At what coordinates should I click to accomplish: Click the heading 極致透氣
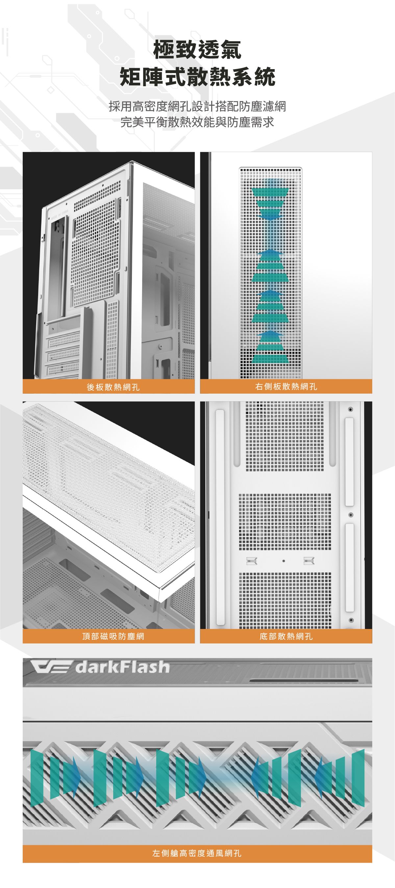click(197, 50)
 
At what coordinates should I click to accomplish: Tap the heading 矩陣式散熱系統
click(197, 77)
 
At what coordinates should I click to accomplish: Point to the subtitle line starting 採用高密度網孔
click(197, 107)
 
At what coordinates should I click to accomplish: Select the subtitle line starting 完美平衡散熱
click(197, 122)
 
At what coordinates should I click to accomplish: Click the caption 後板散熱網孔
click(113, 387)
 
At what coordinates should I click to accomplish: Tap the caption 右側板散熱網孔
click(286, 387)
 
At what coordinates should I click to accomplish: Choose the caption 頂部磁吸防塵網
click(113, 636)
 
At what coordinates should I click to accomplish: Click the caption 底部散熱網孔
click(286, 636)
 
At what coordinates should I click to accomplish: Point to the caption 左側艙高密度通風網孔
click(197, 853)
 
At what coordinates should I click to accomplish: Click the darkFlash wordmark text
click(123, 667)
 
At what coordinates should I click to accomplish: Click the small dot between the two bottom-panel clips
click(284, 561)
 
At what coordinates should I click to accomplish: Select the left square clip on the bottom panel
click(251, 561)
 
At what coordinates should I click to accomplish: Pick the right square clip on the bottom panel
click(309, 561)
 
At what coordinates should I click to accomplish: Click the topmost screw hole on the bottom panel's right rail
click(350, 409)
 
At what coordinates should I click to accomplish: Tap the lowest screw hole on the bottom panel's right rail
click(351, 620)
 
